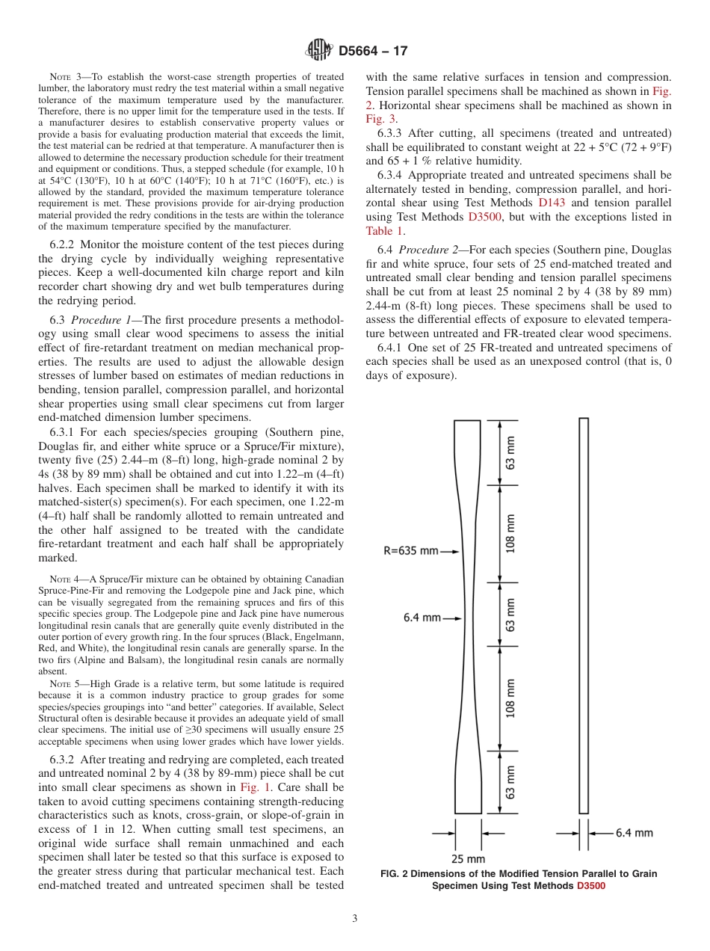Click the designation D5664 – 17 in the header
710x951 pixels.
[x=373, y=52]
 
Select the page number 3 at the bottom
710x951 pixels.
[x=355, y=919]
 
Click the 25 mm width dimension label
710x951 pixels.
[x=469, y=858]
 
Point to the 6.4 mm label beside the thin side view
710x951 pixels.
[x=635, y=832]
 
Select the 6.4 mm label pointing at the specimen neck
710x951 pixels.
[x=422, y=618]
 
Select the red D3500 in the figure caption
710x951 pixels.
[x=590, y=886]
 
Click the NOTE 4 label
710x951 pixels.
[x=64, y=579]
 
